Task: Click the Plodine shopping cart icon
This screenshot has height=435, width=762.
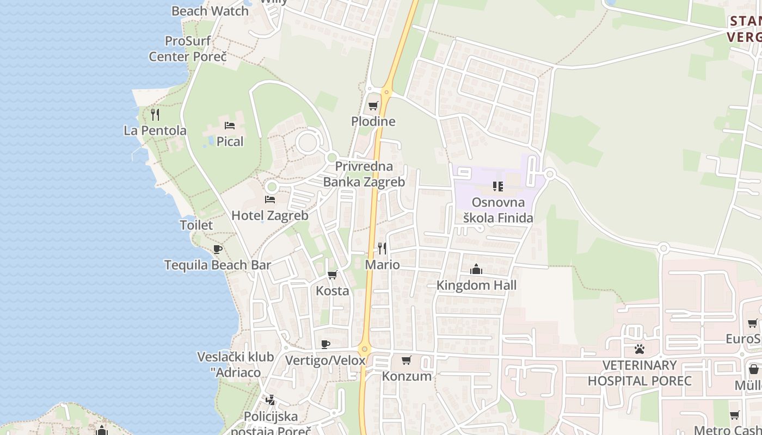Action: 373,106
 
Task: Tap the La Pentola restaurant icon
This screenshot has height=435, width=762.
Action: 155,114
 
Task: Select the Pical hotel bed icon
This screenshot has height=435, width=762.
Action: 230,126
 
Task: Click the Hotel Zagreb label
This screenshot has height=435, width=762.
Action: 270,215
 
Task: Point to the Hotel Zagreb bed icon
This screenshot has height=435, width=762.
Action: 269,200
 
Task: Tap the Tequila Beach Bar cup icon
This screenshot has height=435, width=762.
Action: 218,250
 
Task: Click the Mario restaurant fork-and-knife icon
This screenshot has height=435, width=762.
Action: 382,248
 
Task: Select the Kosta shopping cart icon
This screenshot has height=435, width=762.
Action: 333,275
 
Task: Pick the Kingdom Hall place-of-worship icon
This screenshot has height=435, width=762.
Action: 476,269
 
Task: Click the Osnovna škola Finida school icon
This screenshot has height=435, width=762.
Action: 497,187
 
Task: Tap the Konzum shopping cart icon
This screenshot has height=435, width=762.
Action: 406,360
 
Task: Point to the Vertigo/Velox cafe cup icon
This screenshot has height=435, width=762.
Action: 325,344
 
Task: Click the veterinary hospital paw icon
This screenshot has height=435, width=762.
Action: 640,349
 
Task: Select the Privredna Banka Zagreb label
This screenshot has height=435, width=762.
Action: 364,174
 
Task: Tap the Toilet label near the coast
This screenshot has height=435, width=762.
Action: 196,225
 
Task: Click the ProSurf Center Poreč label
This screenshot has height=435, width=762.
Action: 188,49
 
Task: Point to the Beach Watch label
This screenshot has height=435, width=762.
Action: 210,11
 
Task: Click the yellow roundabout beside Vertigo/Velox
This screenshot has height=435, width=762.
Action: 364,349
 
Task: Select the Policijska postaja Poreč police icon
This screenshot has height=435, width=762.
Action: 271,401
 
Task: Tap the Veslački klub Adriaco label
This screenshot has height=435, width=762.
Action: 235,365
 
